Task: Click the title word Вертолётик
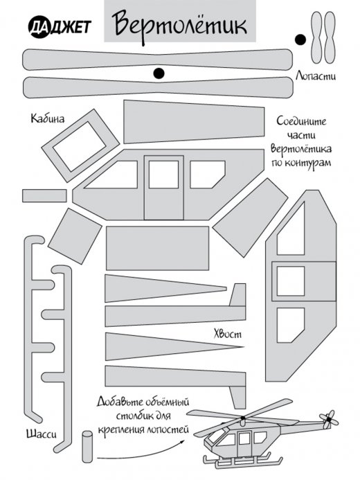(x=179, y=25)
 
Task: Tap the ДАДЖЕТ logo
(x=60, y=27)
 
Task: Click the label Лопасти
(x=315, y=75)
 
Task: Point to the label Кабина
(x=47, y=118)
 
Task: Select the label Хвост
(x=228, y=334)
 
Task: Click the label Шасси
(x=42, y=434)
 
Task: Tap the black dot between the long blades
(x=159, y=73)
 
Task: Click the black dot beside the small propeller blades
(x=300, y=39)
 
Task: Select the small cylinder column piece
(x=87, y=447)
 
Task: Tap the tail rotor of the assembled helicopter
(x=329, y=419)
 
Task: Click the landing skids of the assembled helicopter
(x=242, y=461)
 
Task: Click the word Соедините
(x=301, y=121)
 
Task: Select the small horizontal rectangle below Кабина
(x=44, y=195)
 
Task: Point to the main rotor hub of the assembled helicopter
(x=243, y=418)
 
